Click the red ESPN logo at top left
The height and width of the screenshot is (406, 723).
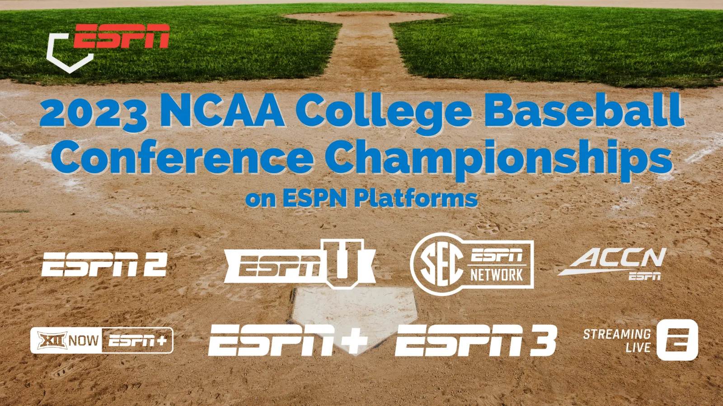(122, 36)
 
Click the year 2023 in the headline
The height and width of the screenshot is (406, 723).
(93, 113)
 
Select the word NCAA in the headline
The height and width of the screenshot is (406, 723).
(222, 110)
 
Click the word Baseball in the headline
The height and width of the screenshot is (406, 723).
(584, 110)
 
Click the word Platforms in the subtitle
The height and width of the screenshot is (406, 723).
(416, 198)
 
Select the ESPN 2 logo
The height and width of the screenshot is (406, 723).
(104, 264)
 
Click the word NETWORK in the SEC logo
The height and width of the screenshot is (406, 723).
(497, 275)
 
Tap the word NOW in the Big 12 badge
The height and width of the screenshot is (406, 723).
(84, 341)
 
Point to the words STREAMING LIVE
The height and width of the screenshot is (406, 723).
(617, 341)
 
